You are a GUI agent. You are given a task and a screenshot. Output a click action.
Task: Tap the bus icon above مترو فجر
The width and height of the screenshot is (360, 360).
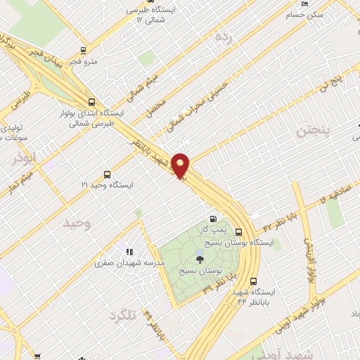coord(84,51)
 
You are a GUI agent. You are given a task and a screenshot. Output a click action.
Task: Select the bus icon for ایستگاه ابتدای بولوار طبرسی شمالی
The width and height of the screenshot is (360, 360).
coord(90,101)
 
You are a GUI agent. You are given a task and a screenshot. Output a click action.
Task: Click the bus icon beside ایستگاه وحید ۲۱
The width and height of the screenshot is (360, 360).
coord(107,174)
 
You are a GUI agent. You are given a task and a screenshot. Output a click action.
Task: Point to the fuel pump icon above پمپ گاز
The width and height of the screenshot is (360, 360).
coord(213,219)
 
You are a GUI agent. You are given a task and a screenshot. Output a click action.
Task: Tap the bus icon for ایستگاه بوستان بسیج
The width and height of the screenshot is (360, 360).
coord(240,231)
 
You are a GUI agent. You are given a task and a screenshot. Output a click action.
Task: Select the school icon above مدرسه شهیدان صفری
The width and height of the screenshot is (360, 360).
coord(129,251)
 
